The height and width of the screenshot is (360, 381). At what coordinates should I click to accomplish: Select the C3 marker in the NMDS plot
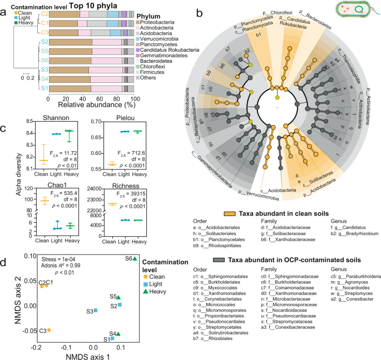click(x=49, y=314)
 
